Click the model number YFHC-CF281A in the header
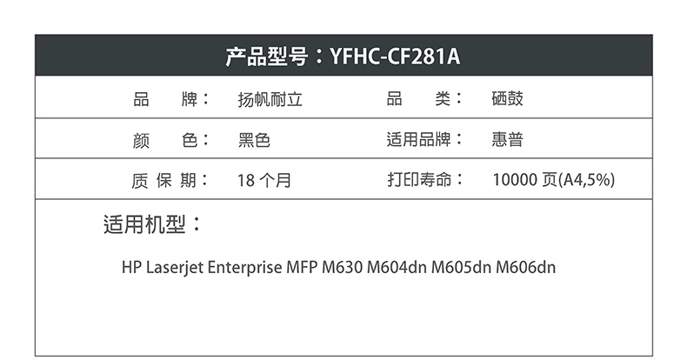395,57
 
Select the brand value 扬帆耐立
270,99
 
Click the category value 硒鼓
507,99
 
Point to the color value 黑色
254,140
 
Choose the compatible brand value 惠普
507,140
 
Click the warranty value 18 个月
263,181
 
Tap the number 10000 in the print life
514,181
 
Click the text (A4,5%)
588,181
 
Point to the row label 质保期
164,181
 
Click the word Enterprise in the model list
245,267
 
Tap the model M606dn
525,267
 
